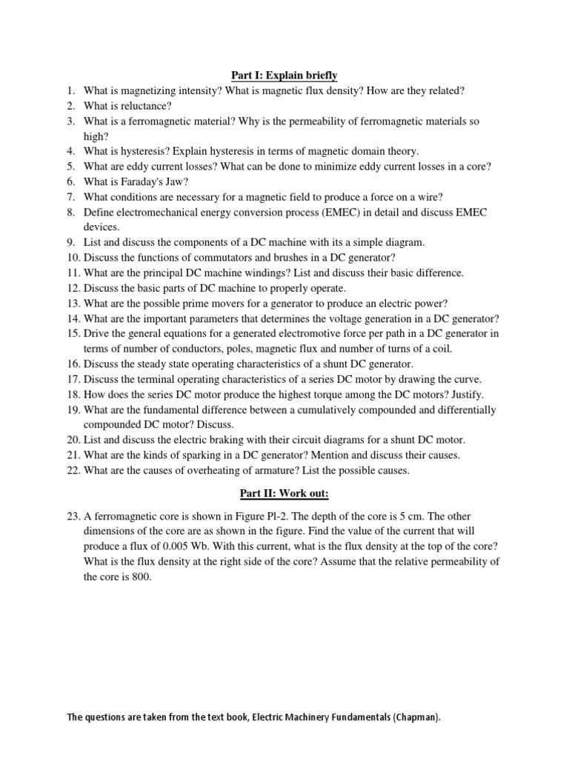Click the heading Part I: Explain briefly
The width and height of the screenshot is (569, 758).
[282, 76]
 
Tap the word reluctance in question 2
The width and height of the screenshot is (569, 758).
[145, 106]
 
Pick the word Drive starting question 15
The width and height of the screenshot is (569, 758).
[97, 334]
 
